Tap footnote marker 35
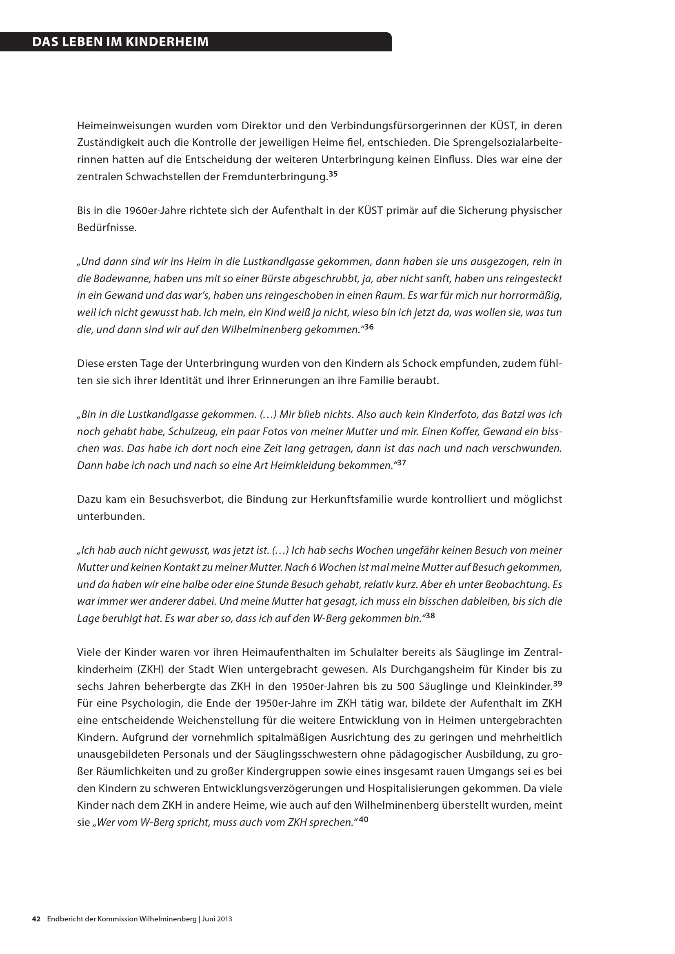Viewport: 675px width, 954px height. click(333, 175)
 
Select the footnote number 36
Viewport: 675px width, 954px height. click(369, 328)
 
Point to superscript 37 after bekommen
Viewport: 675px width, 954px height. click(402, 463)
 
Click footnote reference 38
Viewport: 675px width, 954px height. click(430, 616)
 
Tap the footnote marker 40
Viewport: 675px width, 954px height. click(364, 820)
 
